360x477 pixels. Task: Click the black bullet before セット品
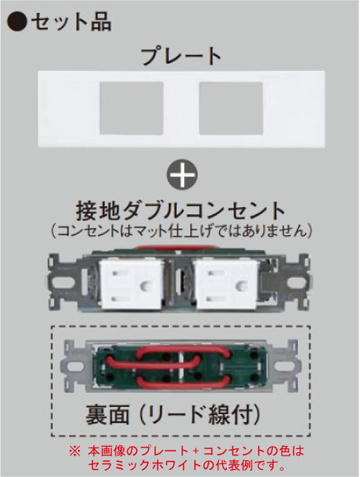[17, 22]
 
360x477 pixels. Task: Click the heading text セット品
[71, 22]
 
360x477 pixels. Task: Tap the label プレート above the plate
[182, 56]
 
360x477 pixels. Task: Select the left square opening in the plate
[131, 108]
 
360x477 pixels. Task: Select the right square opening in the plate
[231, 108]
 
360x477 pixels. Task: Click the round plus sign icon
[182, 174]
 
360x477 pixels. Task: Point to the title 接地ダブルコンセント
[181, 211]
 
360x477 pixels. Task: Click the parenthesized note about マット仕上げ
[182, 231]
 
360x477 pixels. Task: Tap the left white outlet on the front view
[131, 283]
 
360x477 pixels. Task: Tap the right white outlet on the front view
[226, 283]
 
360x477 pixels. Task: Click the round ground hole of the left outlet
[146, 286]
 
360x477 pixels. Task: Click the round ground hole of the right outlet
[241, 286]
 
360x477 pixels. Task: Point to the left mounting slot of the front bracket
[61, 283]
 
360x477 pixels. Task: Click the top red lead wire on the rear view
[182, 350]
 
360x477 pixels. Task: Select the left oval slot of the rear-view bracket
[76, 366]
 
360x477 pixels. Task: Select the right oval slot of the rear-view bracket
[284, 366]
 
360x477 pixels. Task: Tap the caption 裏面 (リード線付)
[173, 415]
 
